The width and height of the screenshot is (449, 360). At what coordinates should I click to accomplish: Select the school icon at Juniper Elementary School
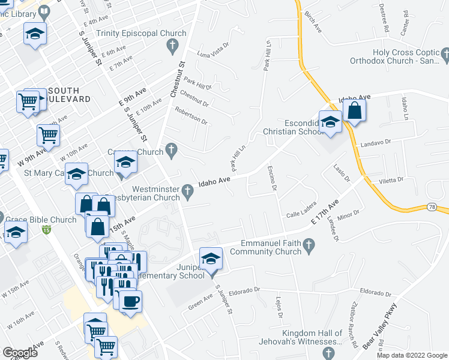coord(211,259)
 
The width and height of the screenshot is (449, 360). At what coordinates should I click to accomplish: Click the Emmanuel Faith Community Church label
coord(271,247)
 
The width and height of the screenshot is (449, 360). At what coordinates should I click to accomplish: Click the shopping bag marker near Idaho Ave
coord(354,111)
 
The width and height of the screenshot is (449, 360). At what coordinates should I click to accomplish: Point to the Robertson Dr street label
coord(191,116)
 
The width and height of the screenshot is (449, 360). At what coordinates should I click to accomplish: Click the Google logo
coord(20,353)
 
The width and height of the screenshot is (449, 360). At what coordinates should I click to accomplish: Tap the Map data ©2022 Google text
coord(411,355)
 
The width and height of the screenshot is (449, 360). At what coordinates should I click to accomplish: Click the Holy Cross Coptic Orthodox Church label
coord(409,57)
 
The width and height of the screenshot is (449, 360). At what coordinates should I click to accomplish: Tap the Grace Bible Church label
coord(41,220)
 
